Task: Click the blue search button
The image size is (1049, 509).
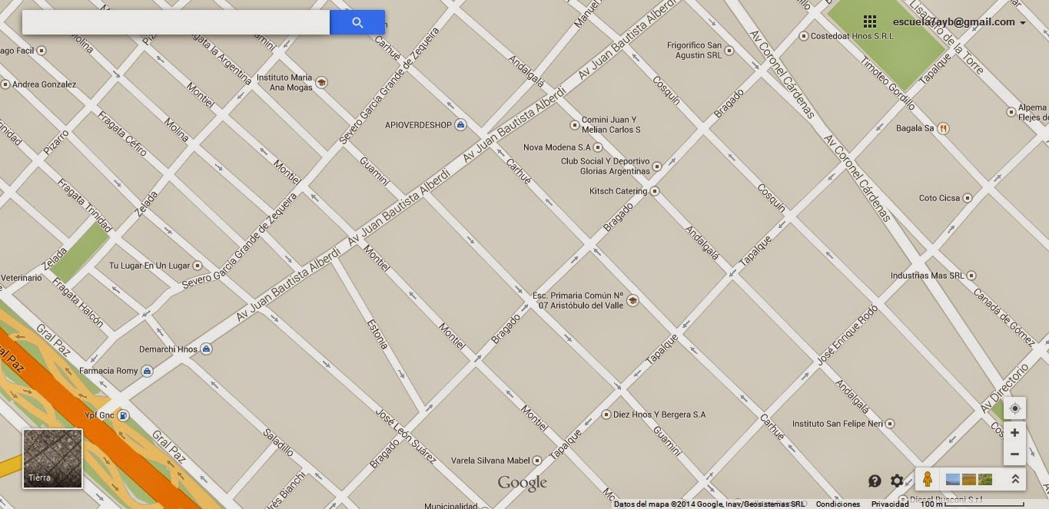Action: click(357, 22)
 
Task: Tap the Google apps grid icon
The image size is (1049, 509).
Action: click(870, 21)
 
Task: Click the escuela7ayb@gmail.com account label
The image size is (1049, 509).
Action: click(954, 22)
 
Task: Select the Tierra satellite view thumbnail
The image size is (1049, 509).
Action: click(52, 458)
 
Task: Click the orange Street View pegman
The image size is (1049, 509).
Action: click(928, 479)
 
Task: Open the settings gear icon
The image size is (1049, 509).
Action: click(897, 481)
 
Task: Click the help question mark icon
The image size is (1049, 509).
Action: click(875, 481)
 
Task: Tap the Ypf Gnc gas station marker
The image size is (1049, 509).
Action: click(122, 416)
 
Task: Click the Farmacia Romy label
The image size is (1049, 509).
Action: click(108, 371)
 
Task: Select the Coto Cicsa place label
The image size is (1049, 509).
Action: click(939, 198)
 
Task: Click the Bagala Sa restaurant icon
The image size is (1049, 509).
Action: click(943, 128)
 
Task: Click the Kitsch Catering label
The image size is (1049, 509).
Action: click(618, 191)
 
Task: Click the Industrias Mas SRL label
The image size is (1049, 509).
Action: click(927, 275)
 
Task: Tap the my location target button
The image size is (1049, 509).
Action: click(1014, 408)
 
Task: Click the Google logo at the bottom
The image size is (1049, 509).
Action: click(523, 483)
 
